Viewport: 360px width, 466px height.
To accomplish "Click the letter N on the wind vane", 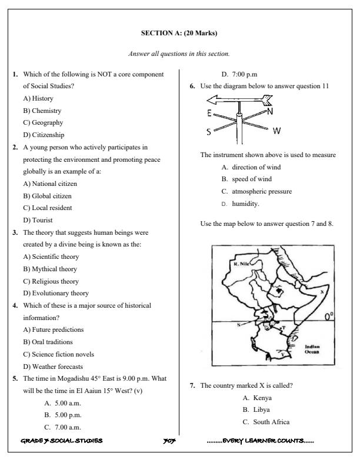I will point(269,111).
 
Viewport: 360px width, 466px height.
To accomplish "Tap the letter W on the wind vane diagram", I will point(276,130).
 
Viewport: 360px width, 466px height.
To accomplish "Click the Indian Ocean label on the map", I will point(311,349).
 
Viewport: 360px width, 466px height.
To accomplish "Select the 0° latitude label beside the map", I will point(329,317).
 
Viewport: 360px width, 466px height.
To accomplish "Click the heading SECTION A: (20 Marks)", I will point(179,33).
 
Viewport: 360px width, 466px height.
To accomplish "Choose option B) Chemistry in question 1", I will point(42,111).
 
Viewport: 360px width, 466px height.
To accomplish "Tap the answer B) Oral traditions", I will point(48,342).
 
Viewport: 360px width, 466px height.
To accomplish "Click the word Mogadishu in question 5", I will point(74,379).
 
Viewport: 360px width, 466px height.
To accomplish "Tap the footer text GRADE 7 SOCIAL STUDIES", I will point(61,440).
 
